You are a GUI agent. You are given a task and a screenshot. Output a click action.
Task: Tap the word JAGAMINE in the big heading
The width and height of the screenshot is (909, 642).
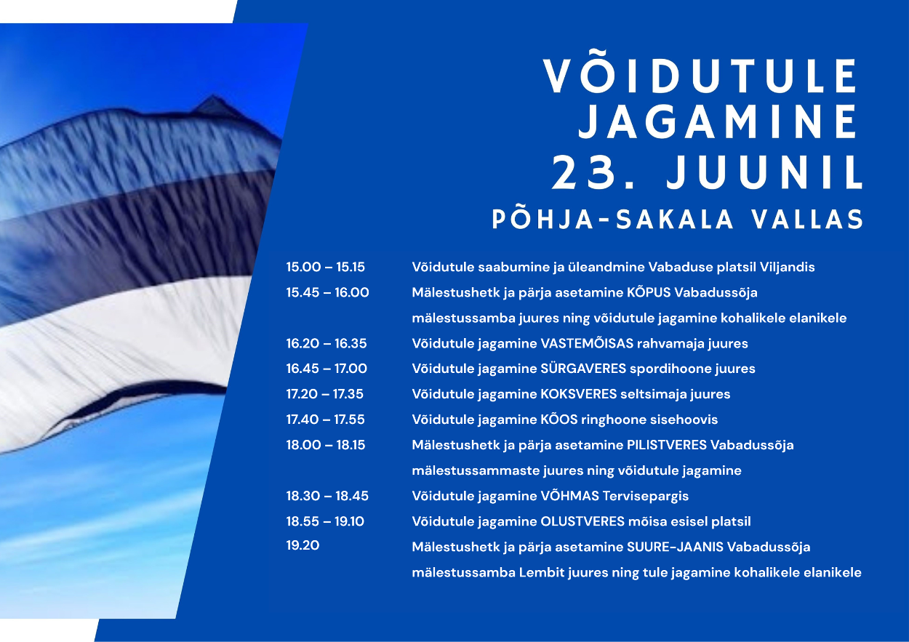(718, 121)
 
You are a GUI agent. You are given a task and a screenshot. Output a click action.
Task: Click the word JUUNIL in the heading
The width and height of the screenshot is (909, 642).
(764, 172)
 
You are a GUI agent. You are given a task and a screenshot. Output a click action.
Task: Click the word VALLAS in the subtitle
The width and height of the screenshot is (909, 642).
(807, 220)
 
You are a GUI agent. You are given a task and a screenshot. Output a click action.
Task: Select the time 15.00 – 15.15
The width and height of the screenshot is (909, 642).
(326, 267)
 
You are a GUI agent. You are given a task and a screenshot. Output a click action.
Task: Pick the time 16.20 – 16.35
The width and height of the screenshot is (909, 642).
(327, 343)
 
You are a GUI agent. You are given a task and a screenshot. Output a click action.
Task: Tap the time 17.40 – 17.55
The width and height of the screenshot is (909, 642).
(326, 420)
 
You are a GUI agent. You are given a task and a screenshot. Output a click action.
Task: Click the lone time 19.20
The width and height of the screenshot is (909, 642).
(303, 545)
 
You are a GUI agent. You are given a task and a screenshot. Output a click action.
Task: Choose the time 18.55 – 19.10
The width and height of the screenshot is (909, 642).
(325, 521)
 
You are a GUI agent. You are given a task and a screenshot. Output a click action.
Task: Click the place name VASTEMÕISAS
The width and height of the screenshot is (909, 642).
(587, 343)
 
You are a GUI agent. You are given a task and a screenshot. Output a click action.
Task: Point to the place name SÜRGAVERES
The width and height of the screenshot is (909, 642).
(583, 368)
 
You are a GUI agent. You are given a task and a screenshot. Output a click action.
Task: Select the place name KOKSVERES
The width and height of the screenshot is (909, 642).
(579, 393)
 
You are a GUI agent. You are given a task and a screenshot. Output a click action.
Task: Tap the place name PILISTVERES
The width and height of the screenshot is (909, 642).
(667, 445)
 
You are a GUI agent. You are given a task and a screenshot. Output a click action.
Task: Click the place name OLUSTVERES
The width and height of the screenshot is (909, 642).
(582, 521)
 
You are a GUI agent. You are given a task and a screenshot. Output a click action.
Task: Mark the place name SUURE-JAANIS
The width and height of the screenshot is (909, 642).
(676, 547)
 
